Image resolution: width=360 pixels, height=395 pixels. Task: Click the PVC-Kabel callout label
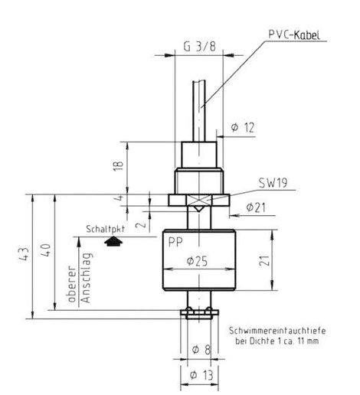pos(294,34)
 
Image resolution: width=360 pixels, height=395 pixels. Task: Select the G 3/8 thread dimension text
pos(200,47)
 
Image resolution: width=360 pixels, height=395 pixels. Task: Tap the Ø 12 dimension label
pos(243,127)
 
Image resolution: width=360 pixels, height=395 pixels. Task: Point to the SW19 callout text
pos(273,183)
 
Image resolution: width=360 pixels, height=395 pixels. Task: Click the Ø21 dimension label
pos(256,207)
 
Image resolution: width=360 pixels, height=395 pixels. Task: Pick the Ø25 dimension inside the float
pos(197,261)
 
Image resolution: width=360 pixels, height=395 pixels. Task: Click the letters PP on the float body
pos(175,242)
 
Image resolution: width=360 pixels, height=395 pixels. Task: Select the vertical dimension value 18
pos(119,166)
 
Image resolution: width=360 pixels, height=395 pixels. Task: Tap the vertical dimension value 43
pos(24,254)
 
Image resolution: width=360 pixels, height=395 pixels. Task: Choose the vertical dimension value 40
pos(46,250)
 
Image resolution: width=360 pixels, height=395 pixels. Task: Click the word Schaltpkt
pos(105,229)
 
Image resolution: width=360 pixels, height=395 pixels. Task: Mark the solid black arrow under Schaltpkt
pos(113,241)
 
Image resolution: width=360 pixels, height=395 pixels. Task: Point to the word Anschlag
pos(86,278)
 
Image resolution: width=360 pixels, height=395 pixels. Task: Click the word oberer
pos(72,284)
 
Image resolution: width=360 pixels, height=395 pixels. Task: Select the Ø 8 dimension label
pos(201,349)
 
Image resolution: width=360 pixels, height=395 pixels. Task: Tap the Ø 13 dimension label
pos(201,375)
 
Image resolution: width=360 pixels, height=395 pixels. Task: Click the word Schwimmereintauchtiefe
pos(277,331)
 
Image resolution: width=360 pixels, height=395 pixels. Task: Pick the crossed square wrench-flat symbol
pos(199,200)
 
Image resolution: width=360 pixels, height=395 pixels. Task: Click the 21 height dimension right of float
pos(264,260)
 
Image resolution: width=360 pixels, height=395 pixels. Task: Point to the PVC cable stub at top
pos(199,111)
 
